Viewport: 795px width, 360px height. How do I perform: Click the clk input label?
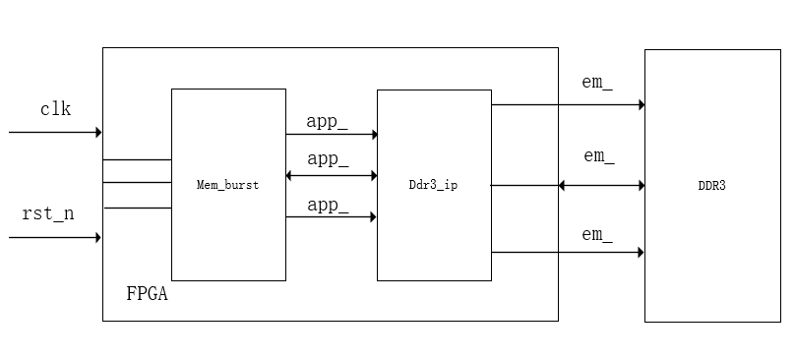[x=55, y=109]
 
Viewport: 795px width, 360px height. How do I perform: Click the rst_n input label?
[x=48, y=213]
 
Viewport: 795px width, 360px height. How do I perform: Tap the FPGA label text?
[x=147, y=293]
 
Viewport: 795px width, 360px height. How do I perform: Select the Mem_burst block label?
[x=227, y=185]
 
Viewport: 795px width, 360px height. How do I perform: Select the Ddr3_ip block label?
[x=433, y=185]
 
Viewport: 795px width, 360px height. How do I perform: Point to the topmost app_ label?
[x=328, y=122]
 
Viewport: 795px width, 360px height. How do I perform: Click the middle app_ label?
[x=328, y=158]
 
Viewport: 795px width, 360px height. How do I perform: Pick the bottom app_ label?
[x=328, y=205]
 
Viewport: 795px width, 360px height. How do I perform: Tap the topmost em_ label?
[x=597, y=83]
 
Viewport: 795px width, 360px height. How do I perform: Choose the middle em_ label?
[x=599, y=155]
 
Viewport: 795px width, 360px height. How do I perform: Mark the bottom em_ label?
[x=597, y=234]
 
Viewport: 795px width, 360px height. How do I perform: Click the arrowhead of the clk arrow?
[x=98, y=132]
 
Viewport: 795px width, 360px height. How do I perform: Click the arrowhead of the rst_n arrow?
[x=98, y=237]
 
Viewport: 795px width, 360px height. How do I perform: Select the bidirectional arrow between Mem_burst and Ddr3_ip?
[x=332, y=176]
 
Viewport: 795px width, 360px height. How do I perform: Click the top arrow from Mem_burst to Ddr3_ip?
[x=332, y=134]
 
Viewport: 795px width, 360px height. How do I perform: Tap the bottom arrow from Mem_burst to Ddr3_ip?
[x=332, y=217]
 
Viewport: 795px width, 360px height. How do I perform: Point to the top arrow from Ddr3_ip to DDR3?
[x=568, y=104]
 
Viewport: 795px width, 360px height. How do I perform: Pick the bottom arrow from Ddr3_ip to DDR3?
[x=568, y=253]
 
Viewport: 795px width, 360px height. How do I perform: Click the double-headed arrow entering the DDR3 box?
[x=601, y=185]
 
